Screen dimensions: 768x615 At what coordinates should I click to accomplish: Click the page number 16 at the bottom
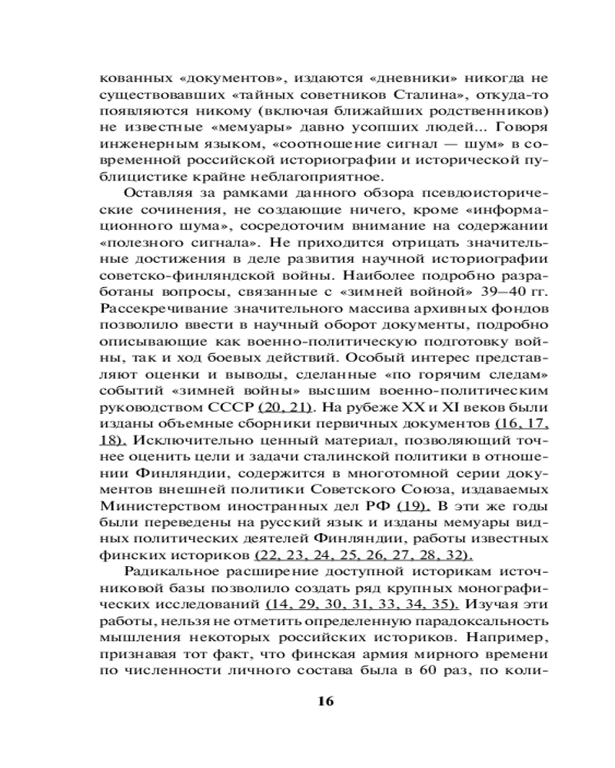(x=325, y=701)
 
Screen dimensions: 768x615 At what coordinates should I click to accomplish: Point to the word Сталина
(x=411, y=95)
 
